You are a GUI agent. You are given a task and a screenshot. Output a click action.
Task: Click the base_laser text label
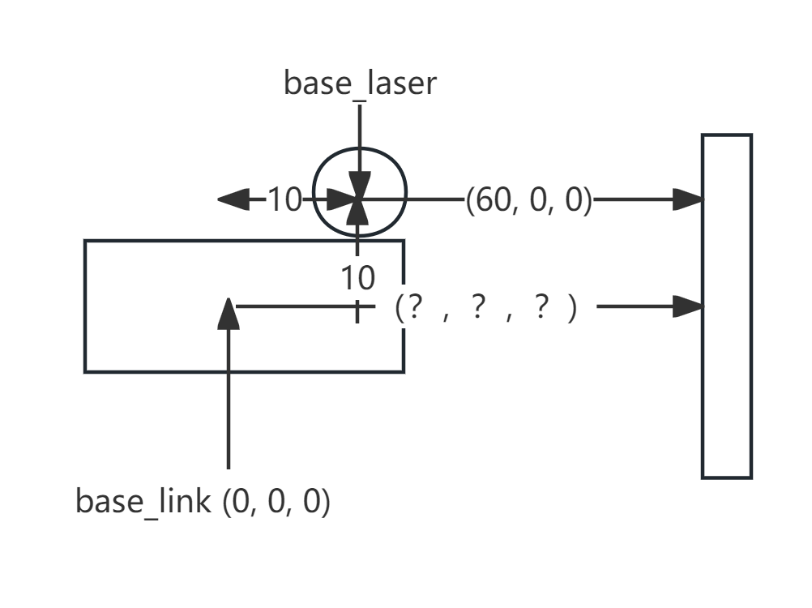tap(359, 83)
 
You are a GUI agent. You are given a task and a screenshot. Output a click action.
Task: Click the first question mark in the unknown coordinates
tap(415, 308)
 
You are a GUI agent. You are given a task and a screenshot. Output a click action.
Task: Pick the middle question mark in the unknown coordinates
tap(477, 308)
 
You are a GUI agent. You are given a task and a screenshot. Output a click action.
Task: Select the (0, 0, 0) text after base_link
tap(276, 502)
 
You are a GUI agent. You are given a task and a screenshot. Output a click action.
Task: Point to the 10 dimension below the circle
tap(357, 278)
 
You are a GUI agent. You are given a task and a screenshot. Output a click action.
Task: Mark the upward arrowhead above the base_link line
tap(229, 315)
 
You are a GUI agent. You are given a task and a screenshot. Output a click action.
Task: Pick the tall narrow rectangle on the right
tap(726, 306)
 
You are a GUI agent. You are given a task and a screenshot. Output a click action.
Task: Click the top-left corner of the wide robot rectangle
tap(85, 241)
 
